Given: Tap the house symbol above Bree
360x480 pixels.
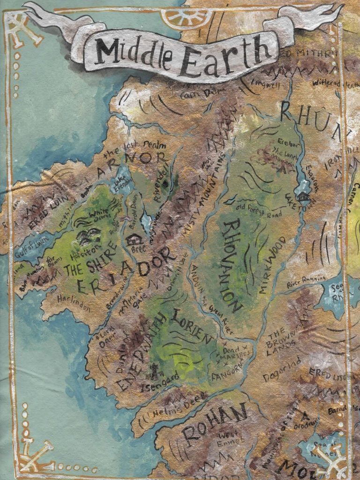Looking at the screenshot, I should (133, 240).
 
